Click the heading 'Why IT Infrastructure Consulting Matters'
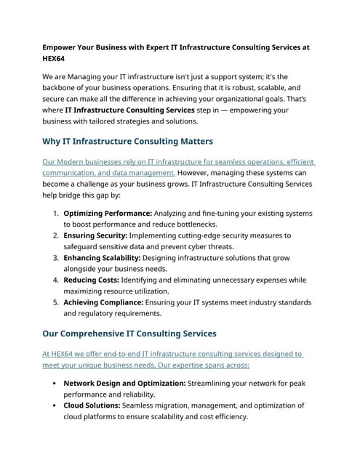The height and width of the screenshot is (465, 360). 127,140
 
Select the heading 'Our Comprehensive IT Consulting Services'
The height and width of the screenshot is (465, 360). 129,333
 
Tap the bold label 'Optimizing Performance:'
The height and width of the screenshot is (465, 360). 107,214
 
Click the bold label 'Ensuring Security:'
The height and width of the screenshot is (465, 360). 95,235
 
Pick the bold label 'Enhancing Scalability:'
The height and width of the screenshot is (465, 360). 103,257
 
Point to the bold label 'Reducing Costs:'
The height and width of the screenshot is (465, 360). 91,279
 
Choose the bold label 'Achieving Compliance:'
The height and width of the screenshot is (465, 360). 103,301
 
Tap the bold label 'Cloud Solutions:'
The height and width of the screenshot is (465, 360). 92,405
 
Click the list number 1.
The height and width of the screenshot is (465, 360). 55,214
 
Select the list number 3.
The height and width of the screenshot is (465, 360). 55,257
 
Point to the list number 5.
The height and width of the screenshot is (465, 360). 55,301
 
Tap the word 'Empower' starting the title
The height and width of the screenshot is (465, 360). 62,46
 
